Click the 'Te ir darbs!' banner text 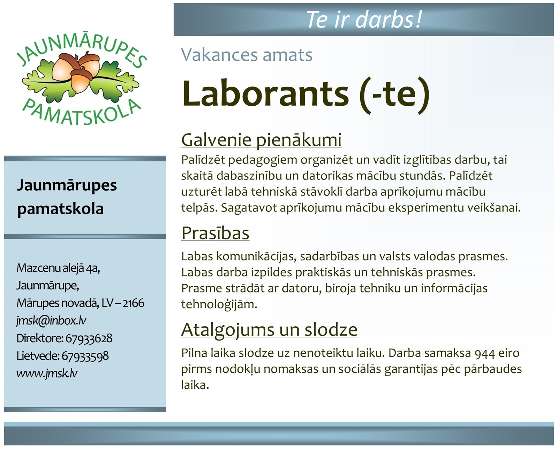(x=364, y=20)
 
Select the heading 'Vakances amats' (x=247, y=55)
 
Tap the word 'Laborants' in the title (x=265, y=93)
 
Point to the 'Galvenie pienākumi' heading (x=261, y=140)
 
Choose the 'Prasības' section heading (x=215, y=233)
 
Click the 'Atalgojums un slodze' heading (x=269, y=330)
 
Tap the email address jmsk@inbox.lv (x=51, y=321)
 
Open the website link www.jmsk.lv (x=47, y=373)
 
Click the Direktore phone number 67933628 (x=89, y=338)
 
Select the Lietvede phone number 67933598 (x=85, y=356)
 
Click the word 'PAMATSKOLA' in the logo (x=82, y=112)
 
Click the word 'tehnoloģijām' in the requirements (x=219, y=305)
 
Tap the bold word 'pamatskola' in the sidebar (x=60, y=209)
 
